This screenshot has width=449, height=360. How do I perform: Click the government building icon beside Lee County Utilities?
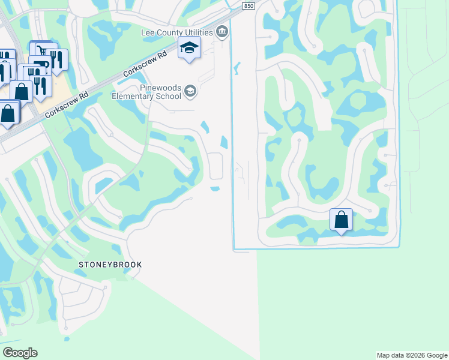point(223,32)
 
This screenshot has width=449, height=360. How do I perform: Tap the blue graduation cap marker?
point(189,48)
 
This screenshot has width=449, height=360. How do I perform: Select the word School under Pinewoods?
point(169,96)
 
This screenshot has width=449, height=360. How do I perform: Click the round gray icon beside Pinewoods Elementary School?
point(190,91)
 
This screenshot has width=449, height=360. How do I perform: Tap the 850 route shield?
point(249,6)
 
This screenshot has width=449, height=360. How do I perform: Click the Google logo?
point(20,353)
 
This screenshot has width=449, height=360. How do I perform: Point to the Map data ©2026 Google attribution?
point(412,355)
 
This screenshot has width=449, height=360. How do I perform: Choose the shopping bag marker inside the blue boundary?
point(341,220)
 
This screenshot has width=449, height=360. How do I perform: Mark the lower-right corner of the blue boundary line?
point(398,246)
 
